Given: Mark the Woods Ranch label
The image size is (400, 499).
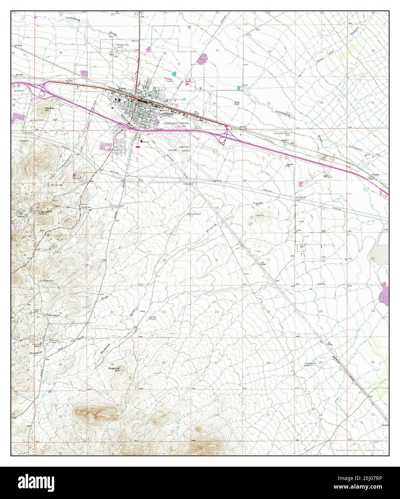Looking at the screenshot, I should pyautogui.click(x=237, y=103).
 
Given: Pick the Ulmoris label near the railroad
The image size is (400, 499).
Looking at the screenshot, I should pyautogui.click(x=375, y=175).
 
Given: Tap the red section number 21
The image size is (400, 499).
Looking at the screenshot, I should pyautogui.click(x=164, y=312).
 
